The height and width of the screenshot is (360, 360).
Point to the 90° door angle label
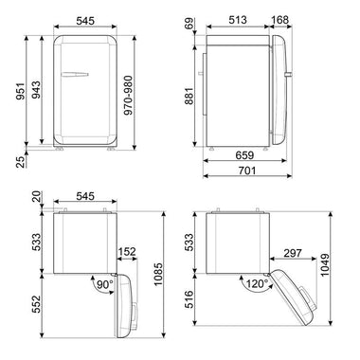[103, 283]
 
